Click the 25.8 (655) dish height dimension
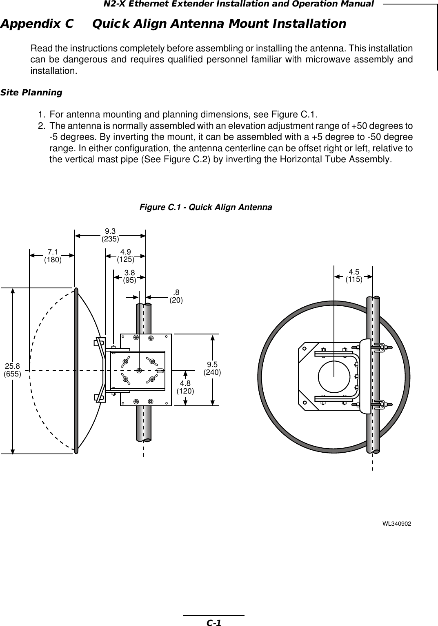[x=12, y=369]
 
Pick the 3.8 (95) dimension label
[x=130, y=276]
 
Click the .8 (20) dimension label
[x=176, y=296]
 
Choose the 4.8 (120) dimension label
[x=185, y=387]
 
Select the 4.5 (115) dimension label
[x=354, y=276]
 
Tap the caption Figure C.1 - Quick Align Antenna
[x=206, y=207]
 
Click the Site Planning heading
[x=31, y=93]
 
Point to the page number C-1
[x=213, y=622]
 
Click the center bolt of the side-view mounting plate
[x=139, y=370]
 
